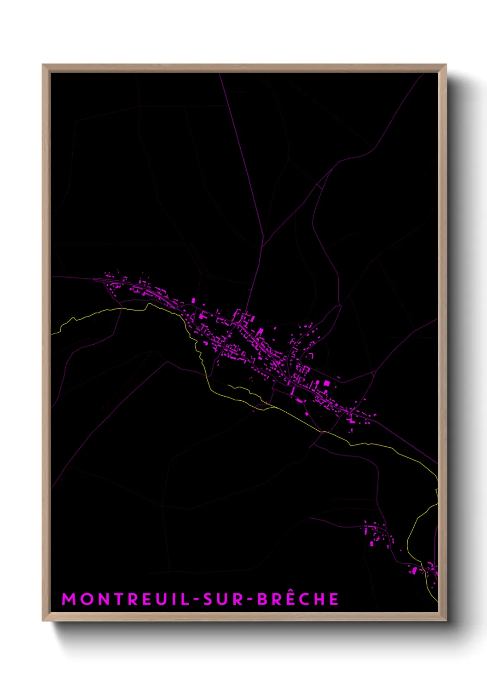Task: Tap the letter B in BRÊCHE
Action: pyautogui.click(x=262, y=599)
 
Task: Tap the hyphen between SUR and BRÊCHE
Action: pyautogui.click(x=249, y=600)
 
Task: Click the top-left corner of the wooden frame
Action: pyautogui.click(x=43, y=65)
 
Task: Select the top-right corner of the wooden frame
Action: pyautogui.click(x=446, y=65)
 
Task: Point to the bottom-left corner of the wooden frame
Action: pyautogui.click(x=43, y=620)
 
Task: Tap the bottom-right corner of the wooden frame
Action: pyautogui.click(x=446, y=620)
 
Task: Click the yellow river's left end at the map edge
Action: pyautogui.click(x=52, y=333)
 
